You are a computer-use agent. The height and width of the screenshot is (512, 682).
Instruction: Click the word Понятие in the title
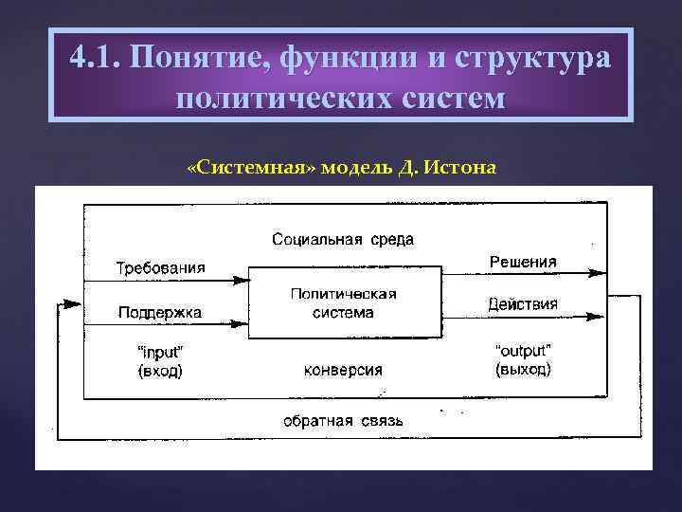tap(191, 59)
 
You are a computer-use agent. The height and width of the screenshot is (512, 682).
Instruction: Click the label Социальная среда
tap(343, 239)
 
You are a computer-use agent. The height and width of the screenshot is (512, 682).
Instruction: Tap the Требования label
tap(160, 267)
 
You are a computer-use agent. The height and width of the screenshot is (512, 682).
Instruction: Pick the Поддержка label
tap(160, 311)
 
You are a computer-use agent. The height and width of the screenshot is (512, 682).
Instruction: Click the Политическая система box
tap(344, 302)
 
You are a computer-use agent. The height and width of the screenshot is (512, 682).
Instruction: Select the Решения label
tap(523, 262)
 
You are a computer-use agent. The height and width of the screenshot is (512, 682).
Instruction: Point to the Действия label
tap(523, 304)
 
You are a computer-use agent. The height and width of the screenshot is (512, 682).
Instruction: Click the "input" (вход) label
tap(160, 361)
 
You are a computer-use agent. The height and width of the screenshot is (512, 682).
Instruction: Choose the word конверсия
tap(343, 370)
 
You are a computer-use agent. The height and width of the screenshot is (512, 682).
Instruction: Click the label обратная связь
tap(343, 420)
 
